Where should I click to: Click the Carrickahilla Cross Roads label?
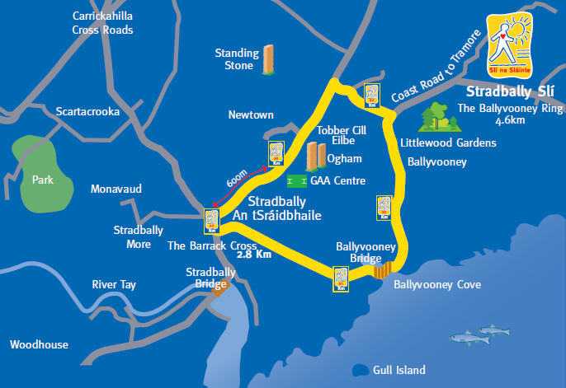pos(103,23)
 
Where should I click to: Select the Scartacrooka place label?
pos(87,112)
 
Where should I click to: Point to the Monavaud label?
pos(116,189)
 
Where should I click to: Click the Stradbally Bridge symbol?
pos(219,285)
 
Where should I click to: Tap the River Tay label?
pos(114,285)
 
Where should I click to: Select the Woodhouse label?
pos(39,344)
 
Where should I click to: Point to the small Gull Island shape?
pos(360,369)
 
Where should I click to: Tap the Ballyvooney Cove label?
pos(436,285)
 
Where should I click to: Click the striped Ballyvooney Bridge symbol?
pos(381,269)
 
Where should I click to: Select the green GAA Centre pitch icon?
pos(296,180)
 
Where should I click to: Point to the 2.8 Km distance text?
pos(254,255)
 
